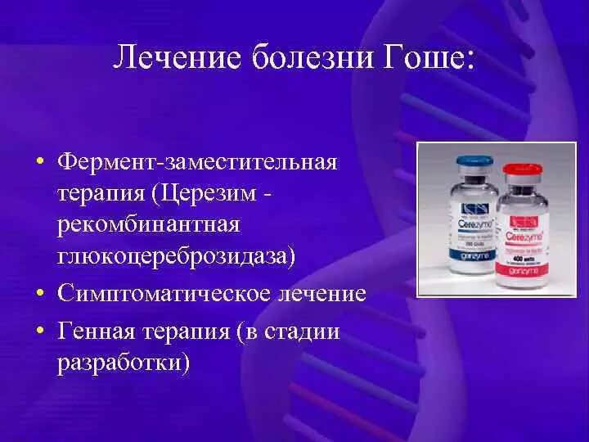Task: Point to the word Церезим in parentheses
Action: [x=214, y=192]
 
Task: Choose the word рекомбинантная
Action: [x=147, y=224]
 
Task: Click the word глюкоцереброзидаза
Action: [x=177, y=256]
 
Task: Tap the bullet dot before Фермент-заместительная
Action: [x=39, y=161]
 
